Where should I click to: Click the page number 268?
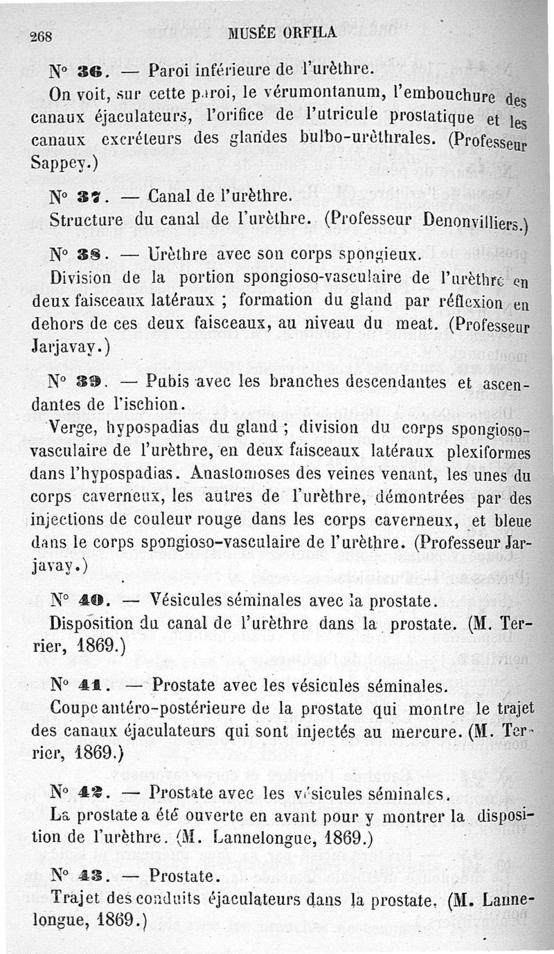(43, 37)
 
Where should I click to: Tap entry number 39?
(91, 381)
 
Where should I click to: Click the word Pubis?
(170, 381)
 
